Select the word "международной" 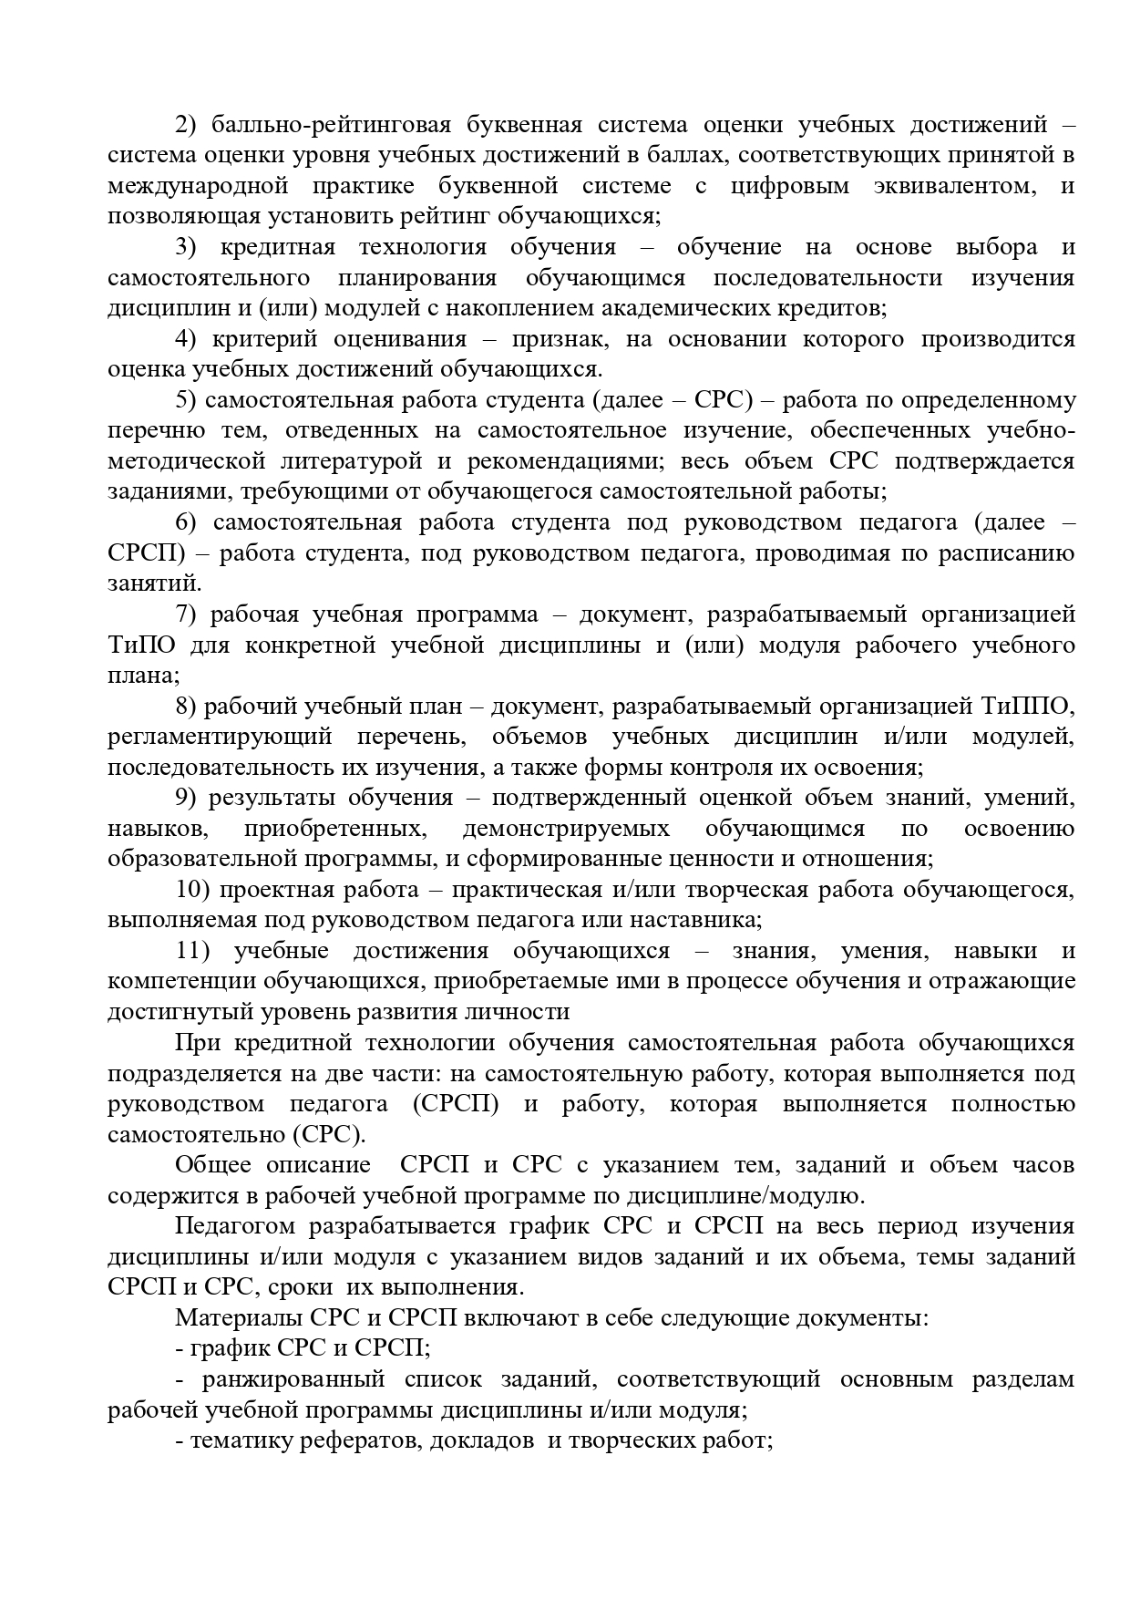[x=198, y=186]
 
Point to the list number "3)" [x=187, y=247]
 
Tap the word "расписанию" [x=1007, y=553]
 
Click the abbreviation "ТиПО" [x=141, y=645]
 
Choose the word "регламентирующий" [x=220, y=737]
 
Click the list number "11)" [x=193, y=951]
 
